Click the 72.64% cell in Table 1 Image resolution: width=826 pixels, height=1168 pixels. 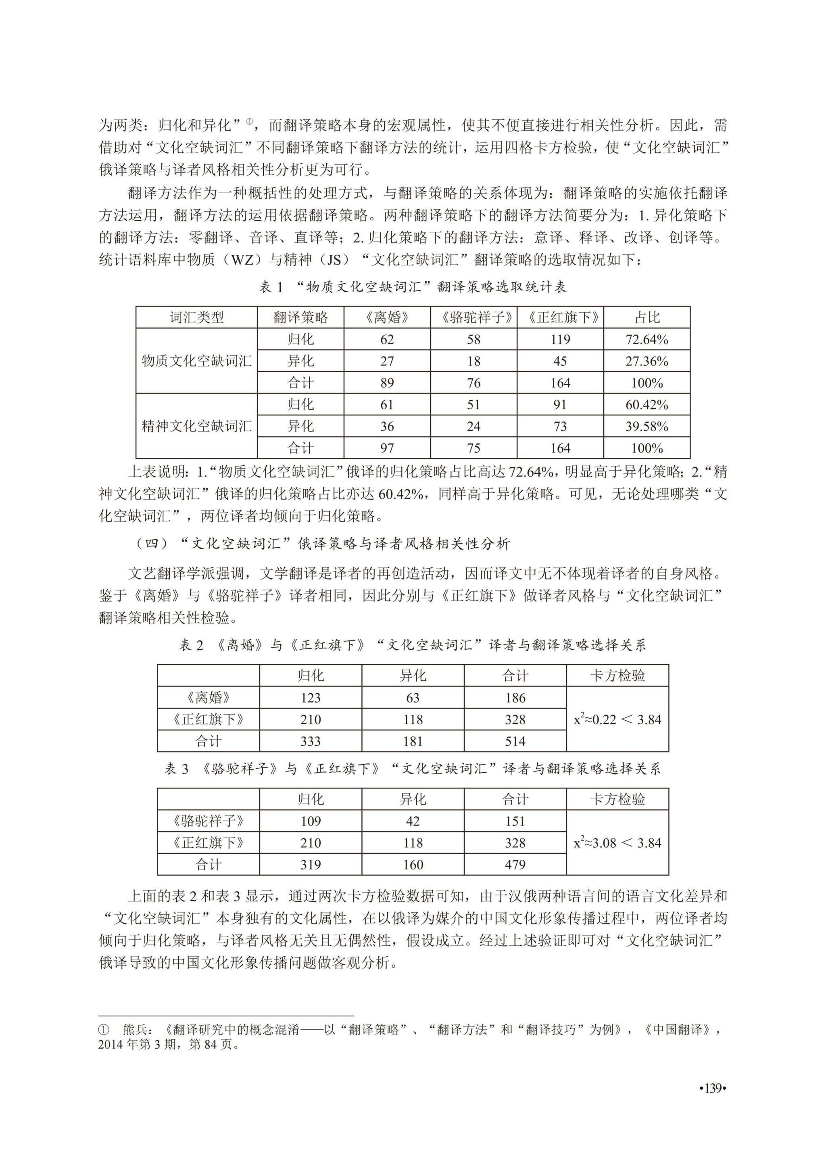pos(647,339)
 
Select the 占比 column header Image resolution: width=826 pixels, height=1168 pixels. pos(647,317)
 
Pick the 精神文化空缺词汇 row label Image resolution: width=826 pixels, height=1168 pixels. pos(196,426)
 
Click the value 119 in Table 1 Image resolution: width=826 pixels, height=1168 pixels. pos(560,339)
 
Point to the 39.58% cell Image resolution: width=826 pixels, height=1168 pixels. pos(647,426)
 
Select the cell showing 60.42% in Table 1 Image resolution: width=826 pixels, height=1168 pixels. pos(647,405)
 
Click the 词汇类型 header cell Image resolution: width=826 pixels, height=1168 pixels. pos(196,317)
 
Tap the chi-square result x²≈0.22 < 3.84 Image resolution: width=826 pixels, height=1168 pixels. pos(617,720)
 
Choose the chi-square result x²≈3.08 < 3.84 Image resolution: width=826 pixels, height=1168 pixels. pos(617,843)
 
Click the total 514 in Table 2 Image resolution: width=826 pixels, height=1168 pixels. pos(515,741)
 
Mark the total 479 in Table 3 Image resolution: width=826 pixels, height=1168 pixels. pos(515,864)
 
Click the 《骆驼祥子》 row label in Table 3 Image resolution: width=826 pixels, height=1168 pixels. pos(208,821)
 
